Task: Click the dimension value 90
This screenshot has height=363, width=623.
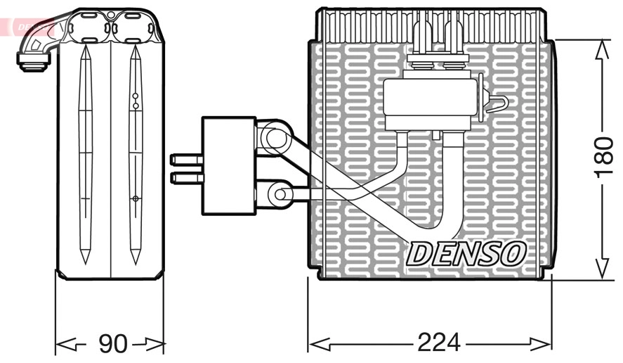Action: tap(112, 344)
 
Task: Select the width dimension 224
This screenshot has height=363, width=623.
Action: tap(438, 343)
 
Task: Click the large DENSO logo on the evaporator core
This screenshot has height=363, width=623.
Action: tap(466, 253)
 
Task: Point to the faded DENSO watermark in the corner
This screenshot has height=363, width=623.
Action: tap(28, 27)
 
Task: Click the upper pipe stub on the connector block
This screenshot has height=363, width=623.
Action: tap(186, 160)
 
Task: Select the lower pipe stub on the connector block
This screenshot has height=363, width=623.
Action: tap(186, 178)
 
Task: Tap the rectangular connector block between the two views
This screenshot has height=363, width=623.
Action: tap(228, 165)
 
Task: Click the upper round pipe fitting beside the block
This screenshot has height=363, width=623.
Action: tap(275, 138)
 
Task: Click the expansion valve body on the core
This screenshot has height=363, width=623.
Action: tap(429, 104)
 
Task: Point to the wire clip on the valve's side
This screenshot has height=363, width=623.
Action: tap(497, 104)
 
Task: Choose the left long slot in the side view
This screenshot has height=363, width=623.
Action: tap(85, 155)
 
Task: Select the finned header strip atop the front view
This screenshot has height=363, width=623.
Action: tap(430, 25)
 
